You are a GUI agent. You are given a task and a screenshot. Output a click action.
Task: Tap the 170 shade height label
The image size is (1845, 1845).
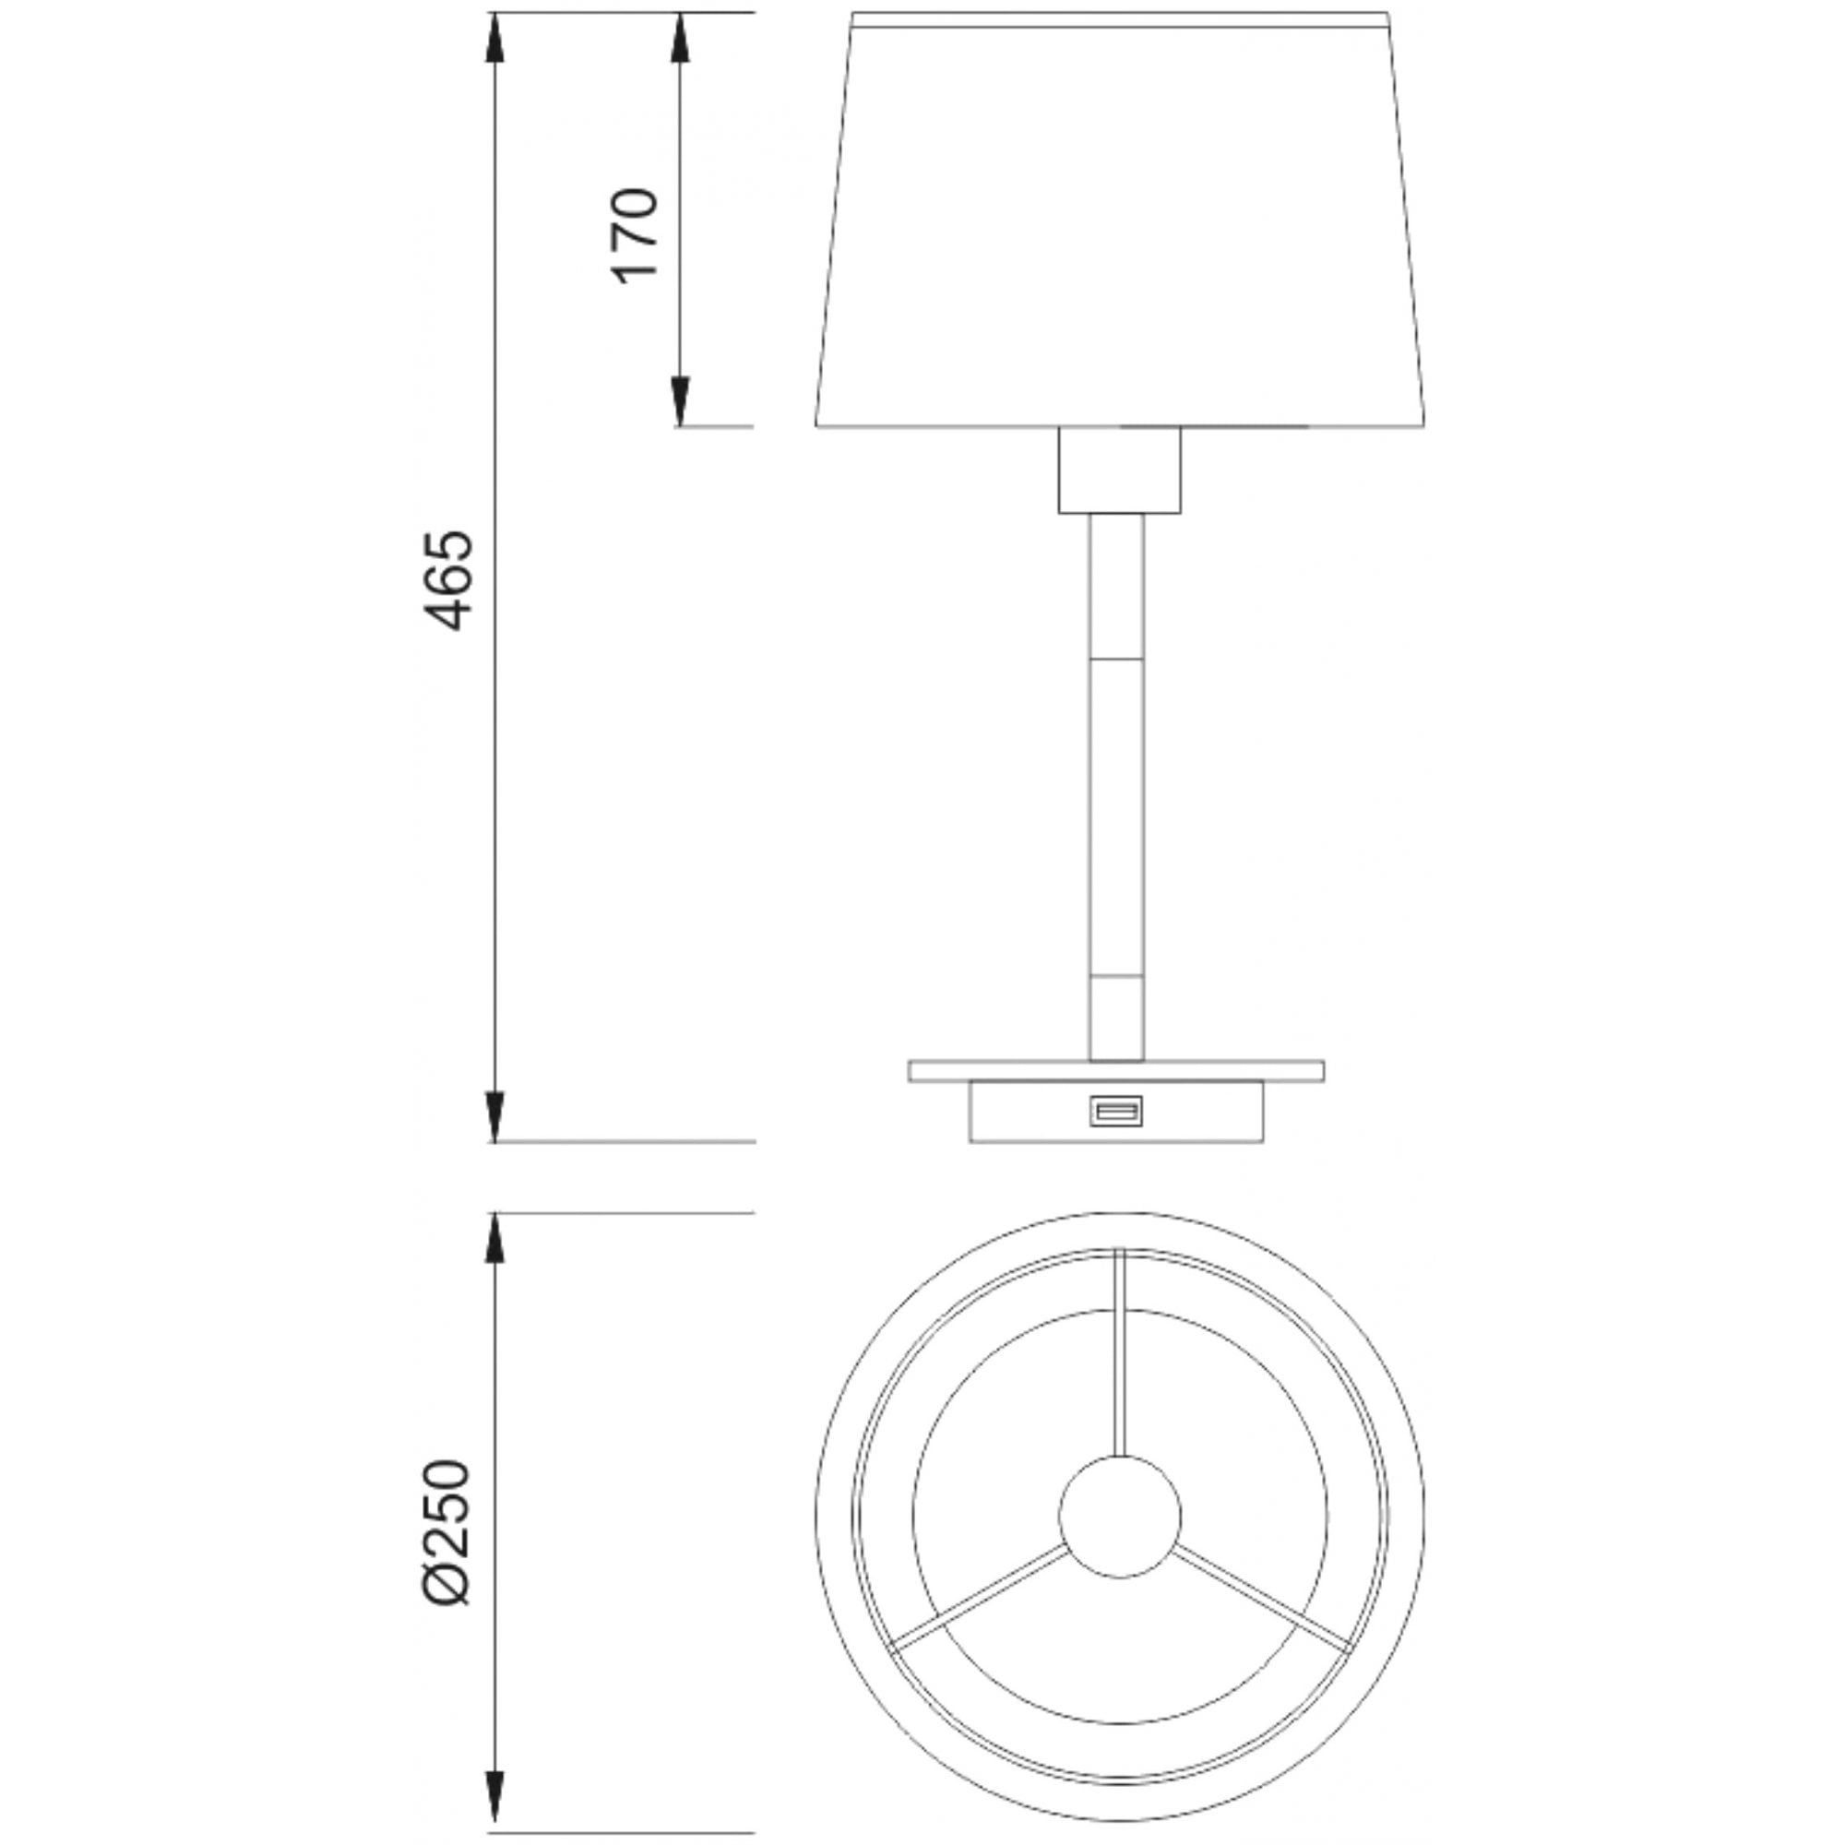tap(635, 235)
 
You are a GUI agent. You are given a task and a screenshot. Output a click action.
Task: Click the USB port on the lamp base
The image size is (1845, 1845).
tap(1115, 1111)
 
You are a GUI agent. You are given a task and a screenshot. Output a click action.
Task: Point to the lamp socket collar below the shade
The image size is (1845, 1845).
tap(1119, 470)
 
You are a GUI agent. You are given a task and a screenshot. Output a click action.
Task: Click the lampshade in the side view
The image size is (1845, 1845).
tap(1119, 220)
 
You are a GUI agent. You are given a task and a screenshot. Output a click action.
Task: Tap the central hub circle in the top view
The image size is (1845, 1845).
tap(1119, 1517)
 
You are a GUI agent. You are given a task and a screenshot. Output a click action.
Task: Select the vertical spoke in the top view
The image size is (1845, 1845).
tap(1120, 1351)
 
